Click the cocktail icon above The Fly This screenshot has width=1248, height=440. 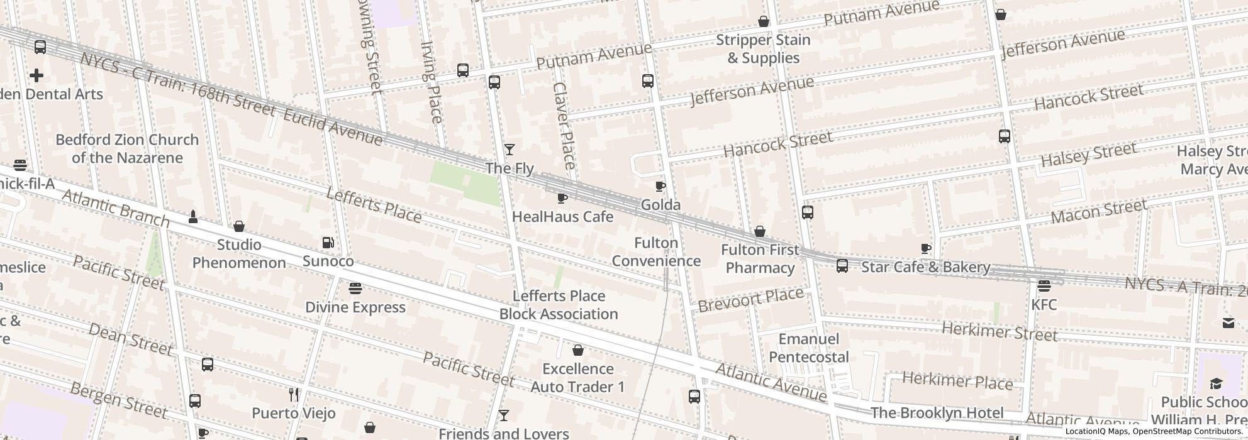pos(510,150)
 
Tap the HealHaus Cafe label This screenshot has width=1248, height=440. pos(562,217)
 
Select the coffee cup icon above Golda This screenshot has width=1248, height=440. pos(660,186)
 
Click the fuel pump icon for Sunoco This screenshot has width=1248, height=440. pos(328,243)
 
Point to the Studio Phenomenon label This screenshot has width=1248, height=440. pos(239,253)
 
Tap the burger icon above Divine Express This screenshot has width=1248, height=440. pos(355,289)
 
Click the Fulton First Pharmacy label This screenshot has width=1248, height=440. pos(760,259)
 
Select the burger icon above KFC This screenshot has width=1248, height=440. pos(1044,286)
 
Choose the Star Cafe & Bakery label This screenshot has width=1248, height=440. pos(925,267)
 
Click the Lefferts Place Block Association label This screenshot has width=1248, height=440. pos(559,305)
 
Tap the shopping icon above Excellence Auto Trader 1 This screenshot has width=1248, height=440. pos(578,350)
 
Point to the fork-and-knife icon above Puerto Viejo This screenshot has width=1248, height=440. pos(293,395)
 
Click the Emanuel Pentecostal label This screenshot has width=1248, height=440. pos(809,348)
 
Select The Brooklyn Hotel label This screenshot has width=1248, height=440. pos(937,413)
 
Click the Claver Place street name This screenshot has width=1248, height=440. pos(564,126)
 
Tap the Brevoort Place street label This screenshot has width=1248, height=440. pos(751,300)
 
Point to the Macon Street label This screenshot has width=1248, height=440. pos(1099,212)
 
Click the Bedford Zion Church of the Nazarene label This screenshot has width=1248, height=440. pos(127,149)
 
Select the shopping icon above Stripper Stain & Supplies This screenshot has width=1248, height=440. pos(764,21)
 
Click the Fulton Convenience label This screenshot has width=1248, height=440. pos(656,252)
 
